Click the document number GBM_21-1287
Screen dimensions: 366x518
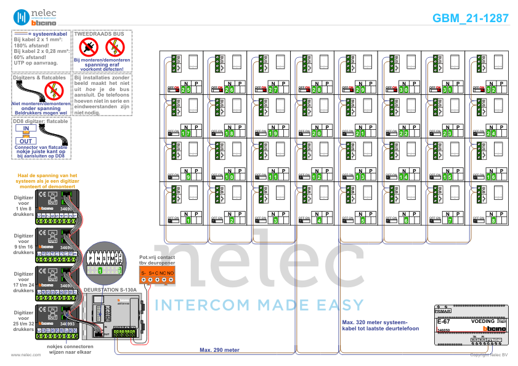[471, 18]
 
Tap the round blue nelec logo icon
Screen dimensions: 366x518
[21, 17]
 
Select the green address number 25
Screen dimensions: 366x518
[185, 90]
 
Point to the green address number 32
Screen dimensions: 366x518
[491, 90]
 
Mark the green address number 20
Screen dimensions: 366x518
[317, 133]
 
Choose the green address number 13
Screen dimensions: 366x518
[360, 177]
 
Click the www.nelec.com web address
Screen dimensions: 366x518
[25, 355]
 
